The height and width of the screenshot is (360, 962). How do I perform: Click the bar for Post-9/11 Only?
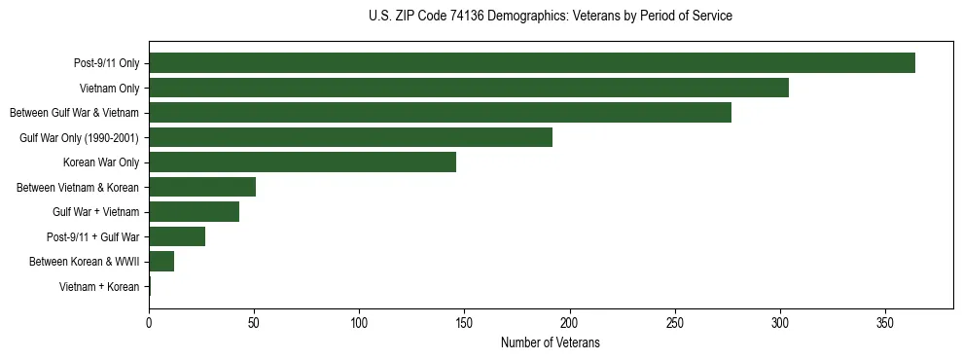(x=532, y=63)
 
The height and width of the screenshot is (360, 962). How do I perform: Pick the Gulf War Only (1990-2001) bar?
(x=350, y=137)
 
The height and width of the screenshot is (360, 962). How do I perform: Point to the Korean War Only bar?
(x=303, y=162)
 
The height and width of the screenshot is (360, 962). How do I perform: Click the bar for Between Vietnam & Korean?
(x=202, y=187)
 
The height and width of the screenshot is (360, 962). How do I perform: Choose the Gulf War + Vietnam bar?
(x=194, y=211)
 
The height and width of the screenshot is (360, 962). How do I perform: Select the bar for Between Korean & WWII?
(x=161, y=261)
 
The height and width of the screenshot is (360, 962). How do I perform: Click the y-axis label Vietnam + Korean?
(x=99, y=286)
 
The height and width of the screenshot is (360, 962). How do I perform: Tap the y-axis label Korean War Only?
(x=101, y=162)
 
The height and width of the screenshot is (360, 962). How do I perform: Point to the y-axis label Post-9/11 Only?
(x=106, y=63)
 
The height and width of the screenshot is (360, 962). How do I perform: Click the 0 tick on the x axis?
(x=149, y=321)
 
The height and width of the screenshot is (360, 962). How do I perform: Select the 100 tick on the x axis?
(x=359, y=321)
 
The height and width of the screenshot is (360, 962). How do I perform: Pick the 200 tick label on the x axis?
(x=570, y=321)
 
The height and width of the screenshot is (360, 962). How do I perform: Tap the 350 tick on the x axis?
(x=885, y=321)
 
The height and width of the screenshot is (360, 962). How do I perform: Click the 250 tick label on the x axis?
(x=675, y=321)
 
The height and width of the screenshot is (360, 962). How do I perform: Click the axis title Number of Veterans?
(x=551, y=342)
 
